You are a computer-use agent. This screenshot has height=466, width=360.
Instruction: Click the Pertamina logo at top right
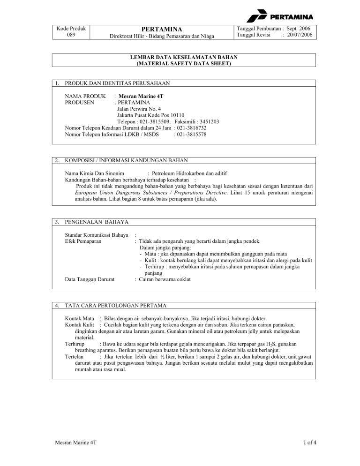tap(280, 18)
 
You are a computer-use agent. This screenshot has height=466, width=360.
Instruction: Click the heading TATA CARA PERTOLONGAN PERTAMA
tap(115, 306)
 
